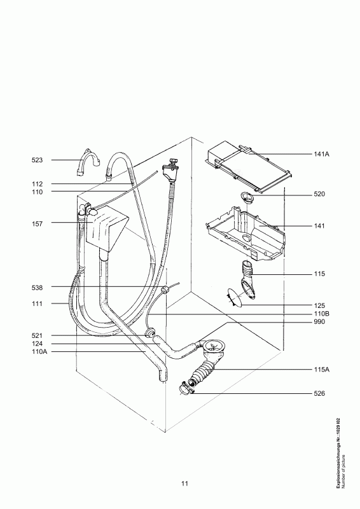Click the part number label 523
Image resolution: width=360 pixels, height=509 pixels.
(37, 160)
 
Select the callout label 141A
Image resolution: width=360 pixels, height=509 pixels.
(321, 154)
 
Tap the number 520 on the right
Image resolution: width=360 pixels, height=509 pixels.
(319, 195)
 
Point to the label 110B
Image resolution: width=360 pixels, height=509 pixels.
(321, 314)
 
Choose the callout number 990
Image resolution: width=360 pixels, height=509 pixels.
(319, 322)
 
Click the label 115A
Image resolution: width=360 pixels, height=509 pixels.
(321, 370)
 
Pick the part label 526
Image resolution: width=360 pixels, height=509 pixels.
(319, 393)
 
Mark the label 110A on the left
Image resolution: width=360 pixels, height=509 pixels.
(39, 352)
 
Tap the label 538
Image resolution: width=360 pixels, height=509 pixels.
(37, 288)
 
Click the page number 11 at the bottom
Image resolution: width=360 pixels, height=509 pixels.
(184, 484)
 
